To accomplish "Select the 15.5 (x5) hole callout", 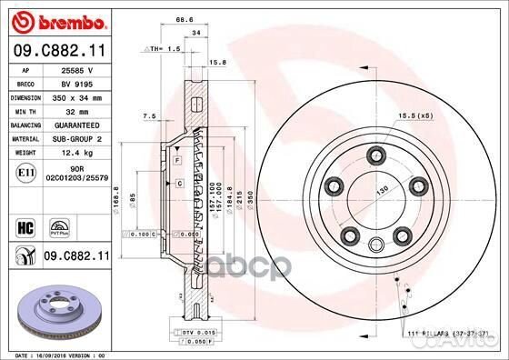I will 414,115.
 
